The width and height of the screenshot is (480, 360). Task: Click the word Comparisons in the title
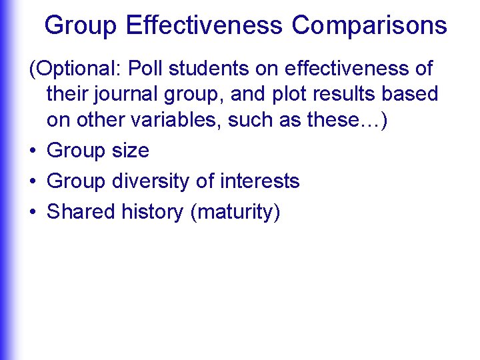tap(369, 25)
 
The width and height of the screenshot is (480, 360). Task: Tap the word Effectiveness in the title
tap(205, 25)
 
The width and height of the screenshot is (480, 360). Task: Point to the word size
tap(130, 151)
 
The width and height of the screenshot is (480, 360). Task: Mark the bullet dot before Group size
tap(32, 151)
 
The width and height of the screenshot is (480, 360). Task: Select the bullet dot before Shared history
tap(32, 213)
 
